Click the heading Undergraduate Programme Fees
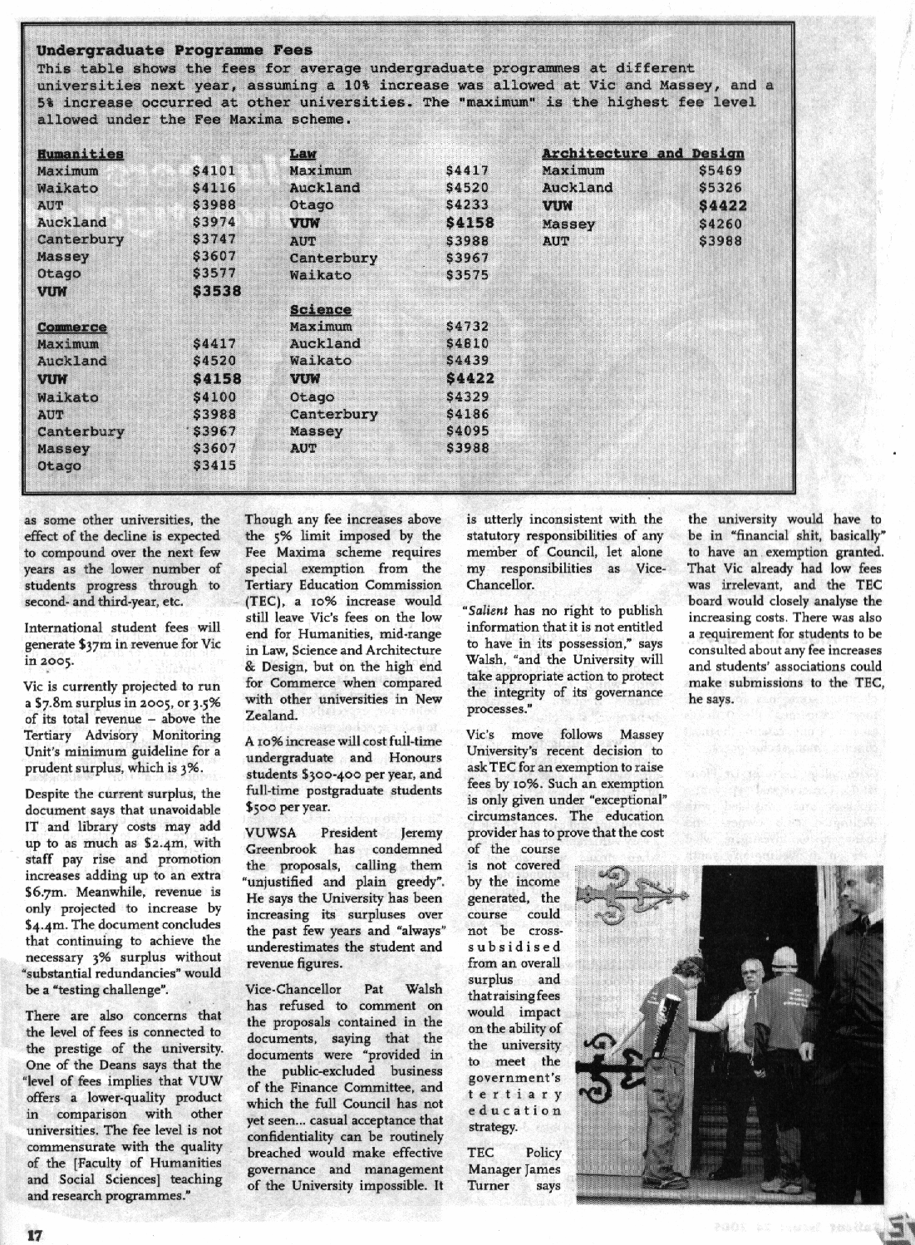coord(175,51)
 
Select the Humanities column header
coord(81,155)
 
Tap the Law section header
coord(303,155)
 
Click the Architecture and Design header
coord(642,154)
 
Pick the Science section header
coord(320,310)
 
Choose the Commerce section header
coord(71,327)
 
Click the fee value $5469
coord(721,171)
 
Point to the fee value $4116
coord(214,189)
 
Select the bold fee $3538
coord(216,291)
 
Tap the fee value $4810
coord(467,344)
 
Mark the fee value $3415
coord(214,465)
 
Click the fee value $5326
coord(721,189)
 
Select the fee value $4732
coord(467,327)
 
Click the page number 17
coord(34,1234)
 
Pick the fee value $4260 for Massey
coord(721,224)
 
